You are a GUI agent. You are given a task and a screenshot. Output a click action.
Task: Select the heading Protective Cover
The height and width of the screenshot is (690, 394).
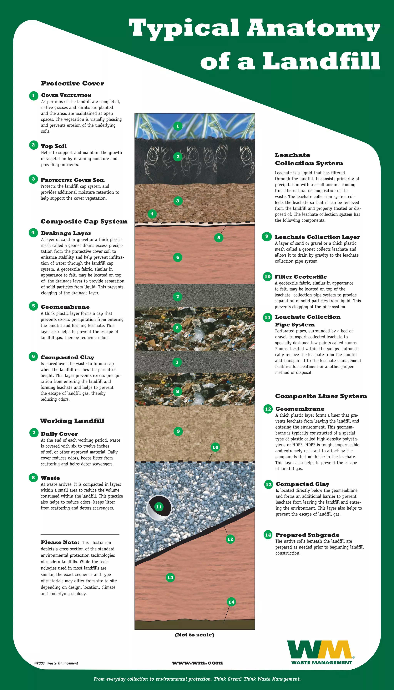(x=73, y=83)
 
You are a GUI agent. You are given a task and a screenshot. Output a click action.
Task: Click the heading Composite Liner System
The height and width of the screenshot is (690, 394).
(x=321, y=396)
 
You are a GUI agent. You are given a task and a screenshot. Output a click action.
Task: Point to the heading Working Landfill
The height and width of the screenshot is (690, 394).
(x=72, y=421)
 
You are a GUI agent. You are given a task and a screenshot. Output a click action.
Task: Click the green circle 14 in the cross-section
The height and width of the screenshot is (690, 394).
(x=231, y=602)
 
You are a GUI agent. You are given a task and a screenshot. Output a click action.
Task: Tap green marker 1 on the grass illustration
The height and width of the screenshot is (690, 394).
(x=178, y=126)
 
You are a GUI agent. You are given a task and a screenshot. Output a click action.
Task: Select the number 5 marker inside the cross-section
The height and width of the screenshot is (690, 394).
(x=219, y=238)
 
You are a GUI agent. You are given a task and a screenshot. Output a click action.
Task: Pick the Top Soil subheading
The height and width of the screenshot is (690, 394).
(x=54, y=146)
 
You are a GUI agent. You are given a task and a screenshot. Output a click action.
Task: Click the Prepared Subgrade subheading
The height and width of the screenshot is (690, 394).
(x=307, y=535)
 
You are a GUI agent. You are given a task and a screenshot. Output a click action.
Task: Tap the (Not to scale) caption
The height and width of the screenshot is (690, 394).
(x=194, y=635)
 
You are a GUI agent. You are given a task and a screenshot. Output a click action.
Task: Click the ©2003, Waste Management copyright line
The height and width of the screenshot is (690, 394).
(x=56, y=663)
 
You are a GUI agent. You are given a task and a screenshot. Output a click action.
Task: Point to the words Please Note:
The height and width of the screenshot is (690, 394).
(x=60, y=542)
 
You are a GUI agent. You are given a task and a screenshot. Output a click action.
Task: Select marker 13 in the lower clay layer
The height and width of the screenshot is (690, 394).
(x=170, y=578)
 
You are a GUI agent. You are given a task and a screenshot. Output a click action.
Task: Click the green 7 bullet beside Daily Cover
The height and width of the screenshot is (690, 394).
(x=34, y=433)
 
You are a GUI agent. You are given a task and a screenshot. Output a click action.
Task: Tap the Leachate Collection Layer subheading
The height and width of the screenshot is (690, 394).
(x=317, y=237)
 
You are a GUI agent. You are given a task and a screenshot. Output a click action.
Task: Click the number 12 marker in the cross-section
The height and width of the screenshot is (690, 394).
(x=230, y=539)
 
